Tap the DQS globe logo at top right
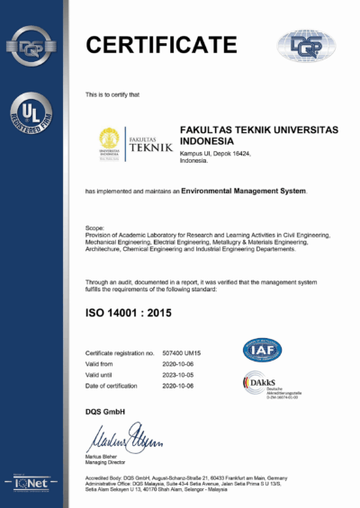(304, 45)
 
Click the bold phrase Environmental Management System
(244, 191)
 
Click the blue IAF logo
(262, 351)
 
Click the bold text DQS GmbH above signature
(104, 411)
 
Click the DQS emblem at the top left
(32, 42)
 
